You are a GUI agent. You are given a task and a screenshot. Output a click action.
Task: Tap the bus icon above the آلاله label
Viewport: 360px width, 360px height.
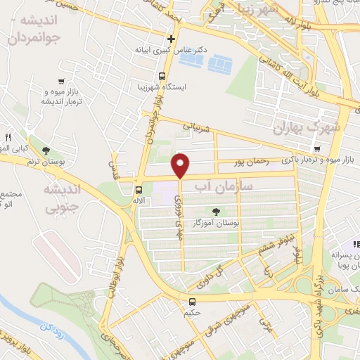(x=139, y=189)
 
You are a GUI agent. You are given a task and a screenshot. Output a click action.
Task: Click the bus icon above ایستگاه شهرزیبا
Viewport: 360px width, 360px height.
(x=162, y=76)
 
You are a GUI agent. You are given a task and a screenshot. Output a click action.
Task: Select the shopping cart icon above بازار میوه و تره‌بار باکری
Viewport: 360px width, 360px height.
(x=319, y=149)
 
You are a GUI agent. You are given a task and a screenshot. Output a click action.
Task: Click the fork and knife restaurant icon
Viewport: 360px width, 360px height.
(x=8, y=136)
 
